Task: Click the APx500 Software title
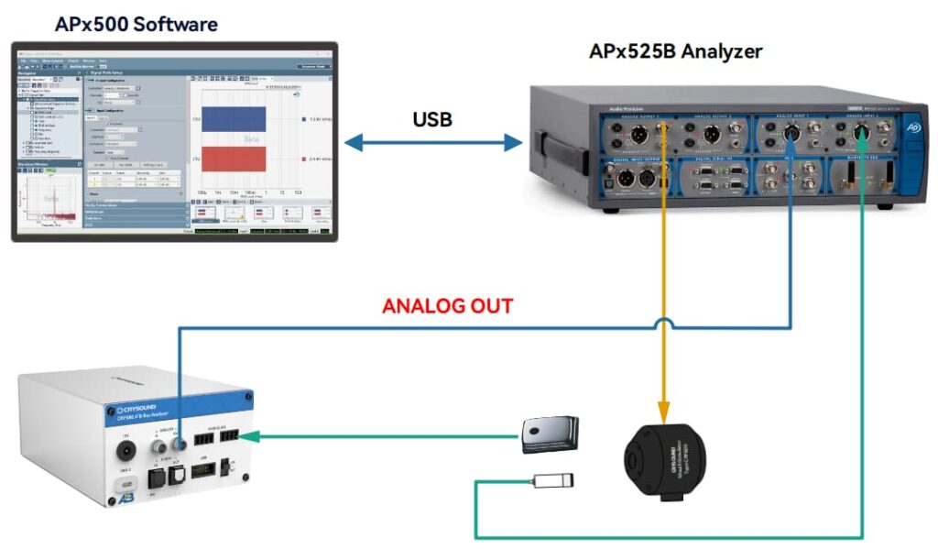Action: tap(136, 23)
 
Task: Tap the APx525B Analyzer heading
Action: tap(675, 50)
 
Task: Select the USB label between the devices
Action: tap(432, 119)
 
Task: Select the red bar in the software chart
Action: tap(234, 159)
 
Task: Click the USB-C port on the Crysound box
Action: tap(119, 485)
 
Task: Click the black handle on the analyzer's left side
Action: tap(548, 150)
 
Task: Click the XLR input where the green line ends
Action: tap(862, 133)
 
